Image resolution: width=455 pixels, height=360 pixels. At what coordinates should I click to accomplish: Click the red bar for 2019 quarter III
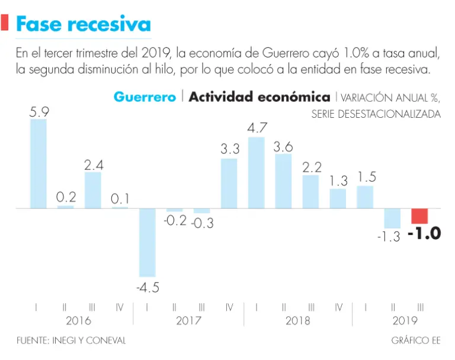[x=419, y=216]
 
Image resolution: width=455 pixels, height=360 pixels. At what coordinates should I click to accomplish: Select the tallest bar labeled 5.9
[x=39, y=164]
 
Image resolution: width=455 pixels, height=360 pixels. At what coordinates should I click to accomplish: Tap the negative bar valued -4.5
[x=148, y=242]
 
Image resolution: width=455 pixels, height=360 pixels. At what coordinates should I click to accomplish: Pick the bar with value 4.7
[x=257, y=173]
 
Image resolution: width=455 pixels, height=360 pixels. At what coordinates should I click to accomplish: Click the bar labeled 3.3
[x=229, y=184]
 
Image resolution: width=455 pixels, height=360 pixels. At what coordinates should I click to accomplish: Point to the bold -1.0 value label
[x=425, y=233]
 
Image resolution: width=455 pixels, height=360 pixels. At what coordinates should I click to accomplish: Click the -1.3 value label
[x=388, y=237]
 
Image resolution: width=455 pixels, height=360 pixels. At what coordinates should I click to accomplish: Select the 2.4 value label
[x=94, y=166]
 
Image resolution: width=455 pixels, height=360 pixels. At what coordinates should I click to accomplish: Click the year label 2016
[x=79, y=321]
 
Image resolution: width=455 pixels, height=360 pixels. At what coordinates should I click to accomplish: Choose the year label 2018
[x=297, y=321]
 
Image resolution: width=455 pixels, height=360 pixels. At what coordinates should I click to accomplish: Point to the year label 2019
[x=405, y=321]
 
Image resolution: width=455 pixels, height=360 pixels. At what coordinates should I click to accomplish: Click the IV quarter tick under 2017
[x=229, y=307]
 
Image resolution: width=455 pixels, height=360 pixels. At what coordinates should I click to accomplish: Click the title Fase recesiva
[x=83, y=24]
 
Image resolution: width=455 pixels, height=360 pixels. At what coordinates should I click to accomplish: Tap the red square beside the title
[x=5, y=23]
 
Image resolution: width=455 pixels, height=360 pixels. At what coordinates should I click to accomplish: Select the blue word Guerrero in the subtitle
[x=145, y=97]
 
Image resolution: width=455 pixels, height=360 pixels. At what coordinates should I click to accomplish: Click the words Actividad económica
[x=259, y=97]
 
